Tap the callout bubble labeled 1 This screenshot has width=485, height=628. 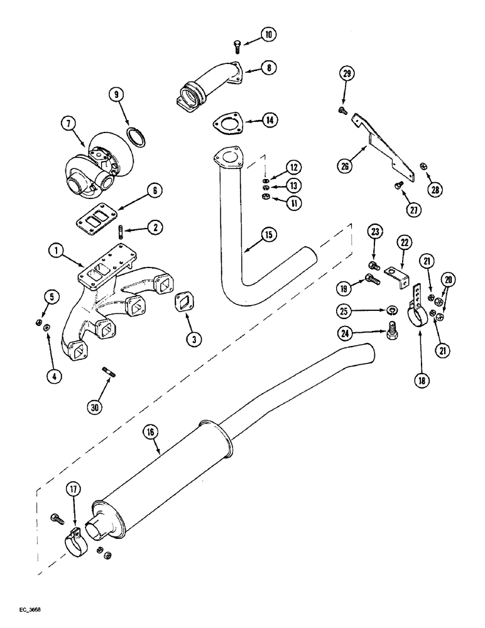click(x=57, y=252)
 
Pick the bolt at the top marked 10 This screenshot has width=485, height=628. click(x=237, y=45)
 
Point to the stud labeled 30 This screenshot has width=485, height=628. click(x=107, y=374)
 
